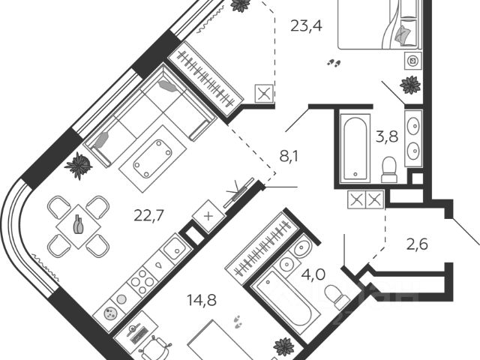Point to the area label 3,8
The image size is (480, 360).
(x=386, y=136)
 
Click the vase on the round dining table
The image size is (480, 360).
(x=79, y=224)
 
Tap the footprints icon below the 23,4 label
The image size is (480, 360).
(x=335, y=64)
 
